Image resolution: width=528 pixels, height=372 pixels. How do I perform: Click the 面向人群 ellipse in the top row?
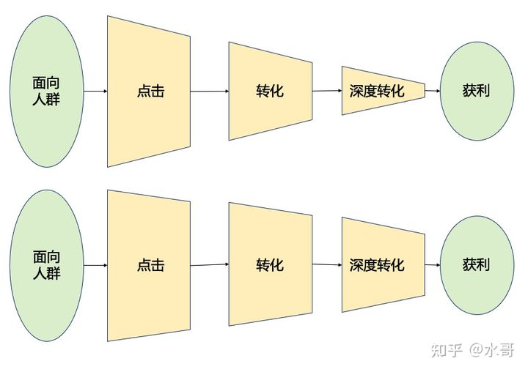(x=46, y=91)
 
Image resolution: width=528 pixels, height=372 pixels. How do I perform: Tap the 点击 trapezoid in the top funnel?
(x=150, y=92)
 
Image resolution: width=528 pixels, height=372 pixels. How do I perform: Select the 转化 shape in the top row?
(x=270, y=91)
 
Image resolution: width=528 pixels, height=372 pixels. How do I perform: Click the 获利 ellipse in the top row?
(x=477, y=91)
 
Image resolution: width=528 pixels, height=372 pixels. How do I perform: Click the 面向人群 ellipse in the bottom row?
(x=46, y=265)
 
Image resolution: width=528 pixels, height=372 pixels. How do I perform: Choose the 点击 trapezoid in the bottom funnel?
(x=150, y=265)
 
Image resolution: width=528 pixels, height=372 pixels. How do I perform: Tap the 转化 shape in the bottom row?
(x=270, y=264)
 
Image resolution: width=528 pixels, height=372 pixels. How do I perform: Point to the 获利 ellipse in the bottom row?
(x=477, y=264)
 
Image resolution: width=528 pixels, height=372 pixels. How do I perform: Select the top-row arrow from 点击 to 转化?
(x=210, y=92)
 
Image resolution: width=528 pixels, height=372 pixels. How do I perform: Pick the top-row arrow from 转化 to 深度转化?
(x=327, y=91)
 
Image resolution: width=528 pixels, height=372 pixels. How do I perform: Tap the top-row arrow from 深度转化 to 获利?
(x=433, y=91)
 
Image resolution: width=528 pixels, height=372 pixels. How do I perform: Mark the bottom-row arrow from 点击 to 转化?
(x=210, y=264)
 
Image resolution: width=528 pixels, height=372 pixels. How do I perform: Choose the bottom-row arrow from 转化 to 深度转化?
(x=327, y=264)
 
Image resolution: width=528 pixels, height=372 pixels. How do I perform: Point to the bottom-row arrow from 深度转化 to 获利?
(x=433, y=264)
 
